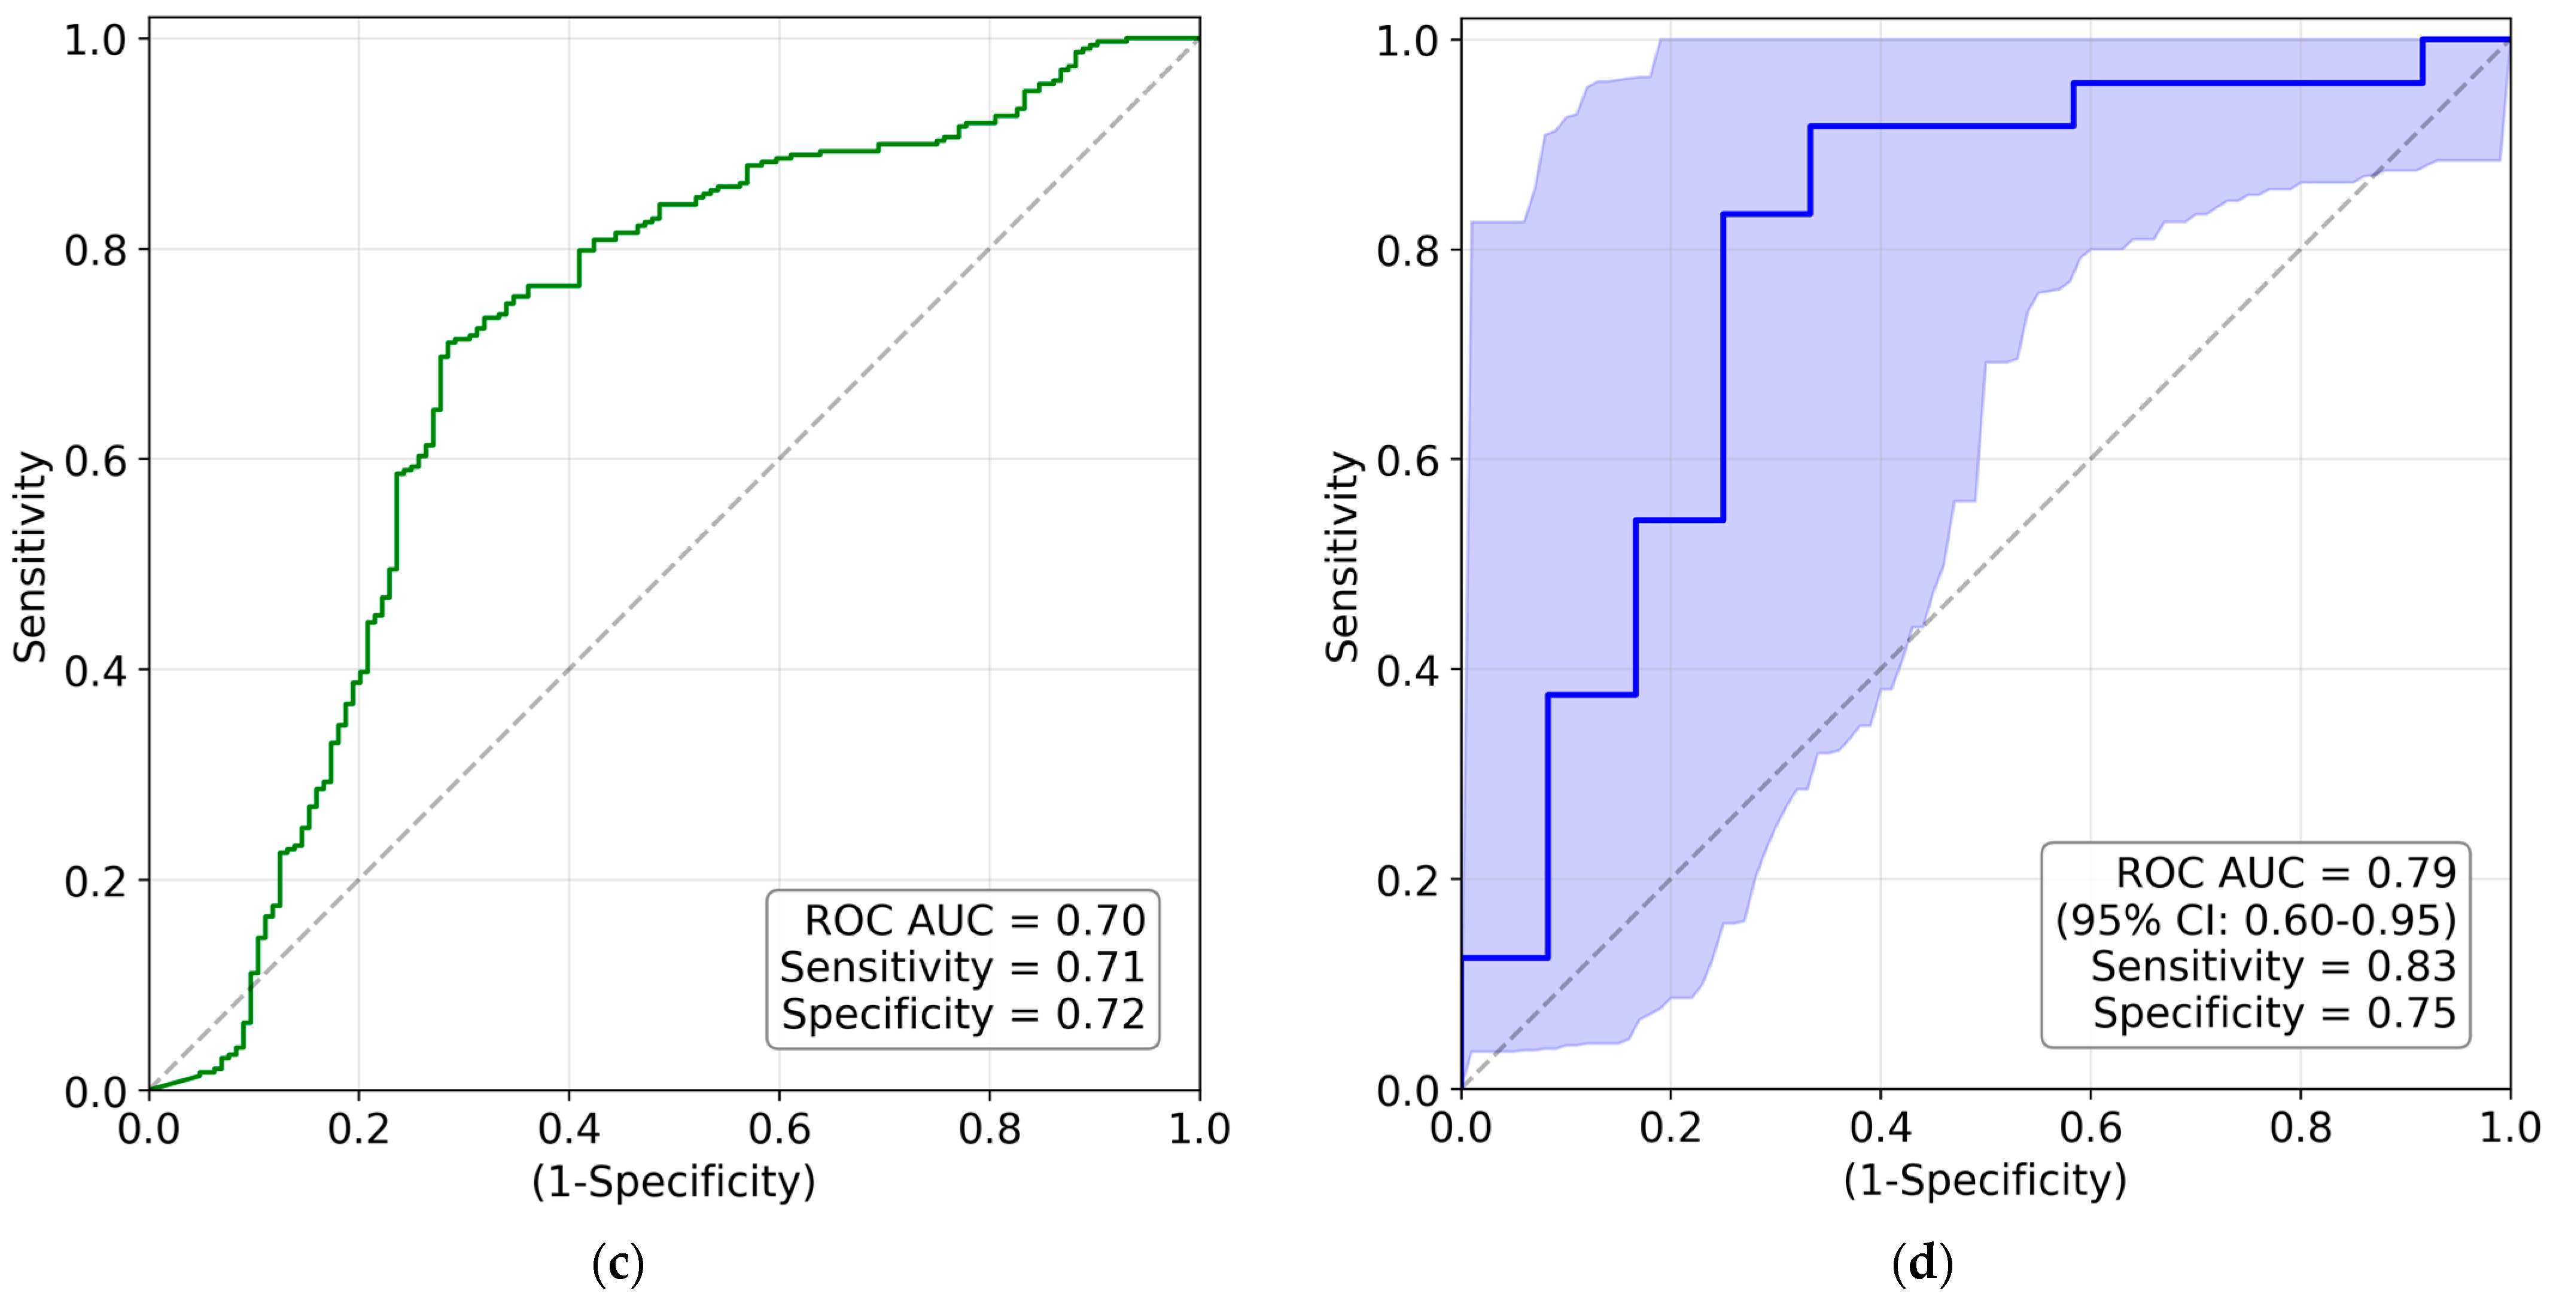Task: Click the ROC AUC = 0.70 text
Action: [974, 921]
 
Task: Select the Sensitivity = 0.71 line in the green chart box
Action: [962, 967]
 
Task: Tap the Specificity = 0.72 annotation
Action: [963, 1015]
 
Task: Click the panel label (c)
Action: [617, 1264]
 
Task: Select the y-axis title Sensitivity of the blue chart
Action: [1343, 556]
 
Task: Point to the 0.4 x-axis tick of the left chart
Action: [568, 1129]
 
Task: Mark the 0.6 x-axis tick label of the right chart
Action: [2090, 1129]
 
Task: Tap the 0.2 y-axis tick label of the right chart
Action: [1408, 880]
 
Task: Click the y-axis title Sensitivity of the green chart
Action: [31, 556]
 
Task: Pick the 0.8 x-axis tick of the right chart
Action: [2301, 1129]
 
